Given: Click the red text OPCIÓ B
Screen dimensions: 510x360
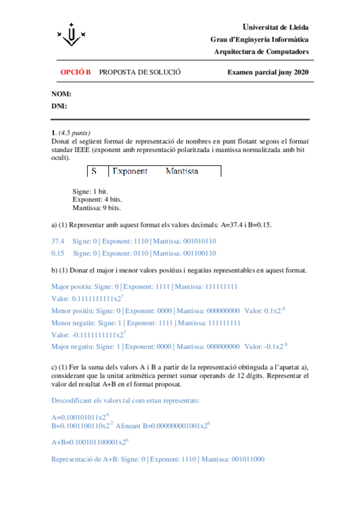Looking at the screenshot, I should (x=75, y=72).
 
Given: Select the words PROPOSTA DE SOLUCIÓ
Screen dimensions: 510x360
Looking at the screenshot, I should (x=139, y=72).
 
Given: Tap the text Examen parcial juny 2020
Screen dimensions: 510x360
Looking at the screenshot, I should (x=267, y=72).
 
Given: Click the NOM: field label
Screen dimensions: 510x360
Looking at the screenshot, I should (x=61, y=94).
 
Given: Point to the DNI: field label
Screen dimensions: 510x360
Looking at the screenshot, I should (x=59, y=106).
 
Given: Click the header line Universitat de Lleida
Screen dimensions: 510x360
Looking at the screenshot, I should (x=275, y=28).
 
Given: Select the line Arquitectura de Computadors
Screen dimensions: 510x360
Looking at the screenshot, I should (x=261, y=52).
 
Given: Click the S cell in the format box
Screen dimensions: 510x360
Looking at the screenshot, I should (x=94, y=171).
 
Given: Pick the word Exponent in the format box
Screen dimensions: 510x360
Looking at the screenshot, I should (x=130, y=171).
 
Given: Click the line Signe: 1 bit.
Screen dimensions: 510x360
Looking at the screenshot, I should (x=90, y=191).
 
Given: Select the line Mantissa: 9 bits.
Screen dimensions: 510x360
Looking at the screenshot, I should (x=96, y=208).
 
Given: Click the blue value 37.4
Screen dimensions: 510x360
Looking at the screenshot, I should (x=58, y=241).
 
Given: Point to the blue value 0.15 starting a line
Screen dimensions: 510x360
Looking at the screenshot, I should (x=58, y=253).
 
